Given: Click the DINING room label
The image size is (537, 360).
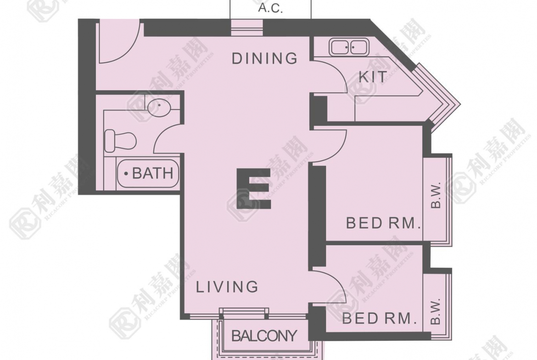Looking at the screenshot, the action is [x=264, y=59].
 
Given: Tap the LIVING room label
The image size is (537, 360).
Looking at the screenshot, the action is [x=227, y=287].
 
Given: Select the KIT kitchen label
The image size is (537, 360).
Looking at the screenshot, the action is [x=373, y=77].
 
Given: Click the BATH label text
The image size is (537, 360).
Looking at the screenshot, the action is [x=153, y=173].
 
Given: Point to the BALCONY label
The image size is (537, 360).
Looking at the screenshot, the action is [x=264, y=336].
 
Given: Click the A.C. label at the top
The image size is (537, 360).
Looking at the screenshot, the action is [x=270, y=8].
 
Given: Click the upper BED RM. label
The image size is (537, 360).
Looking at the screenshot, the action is [x=383, y=223].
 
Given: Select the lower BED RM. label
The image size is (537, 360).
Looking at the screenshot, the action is [x=380, y=319].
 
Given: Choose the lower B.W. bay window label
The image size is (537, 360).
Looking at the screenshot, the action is [x=435, y=311].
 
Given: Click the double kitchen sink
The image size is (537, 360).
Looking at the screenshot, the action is [x=349, y=46].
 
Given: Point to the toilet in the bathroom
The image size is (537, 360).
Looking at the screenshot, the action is [x=120, y=141].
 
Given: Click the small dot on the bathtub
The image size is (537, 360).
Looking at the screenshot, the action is [x=126, y=174].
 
